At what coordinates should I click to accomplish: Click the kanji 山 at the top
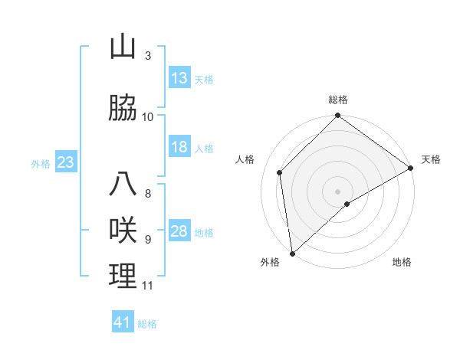123,47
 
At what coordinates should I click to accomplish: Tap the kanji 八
123,185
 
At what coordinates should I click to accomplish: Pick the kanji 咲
123,231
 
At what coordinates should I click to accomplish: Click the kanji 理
123,277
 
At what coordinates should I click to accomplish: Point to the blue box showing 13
179,78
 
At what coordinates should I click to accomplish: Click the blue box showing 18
179,147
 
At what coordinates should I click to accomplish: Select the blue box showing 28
179,231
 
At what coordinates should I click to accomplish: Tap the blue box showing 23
65,162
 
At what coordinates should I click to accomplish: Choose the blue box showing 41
123,322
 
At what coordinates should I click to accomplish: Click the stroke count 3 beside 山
148,56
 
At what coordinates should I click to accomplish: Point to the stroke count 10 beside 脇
148,117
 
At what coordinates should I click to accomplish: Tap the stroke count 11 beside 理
148,286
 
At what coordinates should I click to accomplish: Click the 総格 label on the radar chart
338,100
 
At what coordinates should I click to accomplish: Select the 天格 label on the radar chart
431,159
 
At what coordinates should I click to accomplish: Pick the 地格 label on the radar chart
402,262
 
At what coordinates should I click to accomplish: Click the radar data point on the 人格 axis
280,172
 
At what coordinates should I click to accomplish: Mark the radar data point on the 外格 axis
292,253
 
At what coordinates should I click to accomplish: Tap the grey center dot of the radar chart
337,190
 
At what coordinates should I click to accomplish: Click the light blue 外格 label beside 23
41,163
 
